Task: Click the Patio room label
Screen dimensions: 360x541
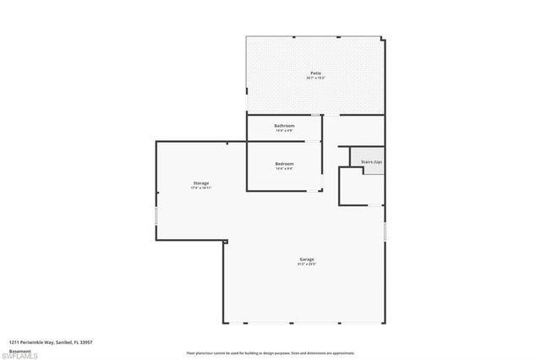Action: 314,74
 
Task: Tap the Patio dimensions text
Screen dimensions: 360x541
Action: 314,79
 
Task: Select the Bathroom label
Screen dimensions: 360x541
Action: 284,126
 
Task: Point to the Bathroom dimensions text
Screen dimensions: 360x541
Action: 284,131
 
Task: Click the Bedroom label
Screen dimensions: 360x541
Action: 284,163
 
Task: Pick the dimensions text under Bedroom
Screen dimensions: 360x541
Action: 284,168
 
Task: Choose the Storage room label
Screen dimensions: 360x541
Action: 200,183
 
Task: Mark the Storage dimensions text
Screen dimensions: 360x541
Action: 200,188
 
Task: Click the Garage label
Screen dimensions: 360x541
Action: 306,259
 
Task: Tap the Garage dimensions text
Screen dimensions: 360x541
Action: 306,265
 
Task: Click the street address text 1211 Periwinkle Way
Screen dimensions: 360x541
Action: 51,342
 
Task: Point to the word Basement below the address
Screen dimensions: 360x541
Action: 20,350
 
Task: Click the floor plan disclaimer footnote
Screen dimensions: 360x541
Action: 270,352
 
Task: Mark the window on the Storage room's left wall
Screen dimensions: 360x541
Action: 156,217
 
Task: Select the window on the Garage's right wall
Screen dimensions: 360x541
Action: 385,230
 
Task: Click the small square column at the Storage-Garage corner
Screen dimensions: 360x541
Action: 225,243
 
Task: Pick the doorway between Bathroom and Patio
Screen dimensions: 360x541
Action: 315,114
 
